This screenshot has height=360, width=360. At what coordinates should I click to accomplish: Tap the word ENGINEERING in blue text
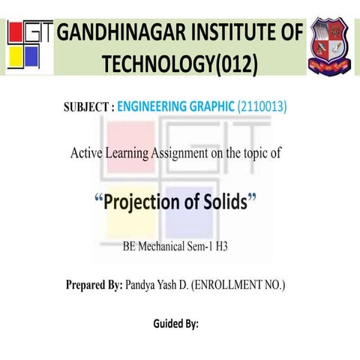(153, 106)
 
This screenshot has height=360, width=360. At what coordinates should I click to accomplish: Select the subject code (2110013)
(261, 106)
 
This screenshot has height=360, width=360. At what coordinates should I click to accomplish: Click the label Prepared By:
(94, 285)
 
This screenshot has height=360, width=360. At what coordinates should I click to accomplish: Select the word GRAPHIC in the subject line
(212, 106)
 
